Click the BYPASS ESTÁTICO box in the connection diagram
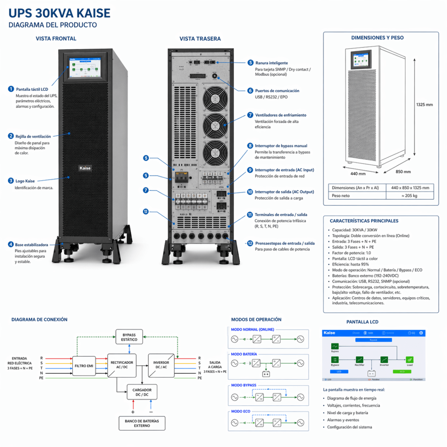coord(129,337)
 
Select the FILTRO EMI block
coord(84,366)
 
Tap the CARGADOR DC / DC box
coord(142,392)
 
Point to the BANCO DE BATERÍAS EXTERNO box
coord(142,423)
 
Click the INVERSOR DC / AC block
coord(161,365)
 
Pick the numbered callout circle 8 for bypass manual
coord(250,146)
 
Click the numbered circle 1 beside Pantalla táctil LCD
coord(11,89)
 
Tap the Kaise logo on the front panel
coord(85,168)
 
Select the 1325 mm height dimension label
coord(424,105)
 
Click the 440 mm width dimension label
coord(358,174)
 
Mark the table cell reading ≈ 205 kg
coord(409,196)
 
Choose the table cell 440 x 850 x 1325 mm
coord(410,188)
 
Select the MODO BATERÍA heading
coord(244,354)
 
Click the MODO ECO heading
coord(241,411)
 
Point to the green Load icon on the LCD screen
coord(409,359)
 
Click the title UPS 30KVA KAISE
coord(60,13)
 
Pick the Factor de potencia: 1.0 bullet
coord(351,253)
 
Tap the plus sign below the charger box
coord(133,412)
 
